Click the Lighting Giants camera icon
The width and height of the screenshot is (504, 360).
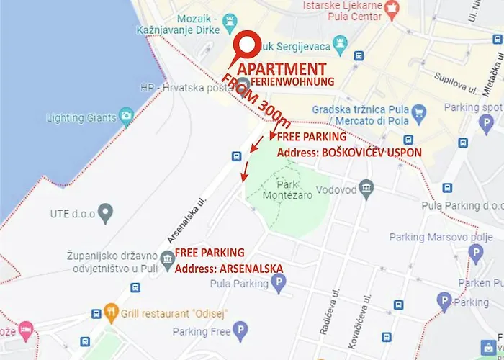(127, 114)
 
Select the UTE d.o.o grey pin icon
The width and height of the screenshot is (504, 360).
(107, 212)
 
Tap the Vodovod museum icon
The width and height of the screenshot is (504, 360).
(367, 189)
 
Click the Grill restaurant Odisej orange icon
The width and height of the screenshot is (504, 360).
(111, 313)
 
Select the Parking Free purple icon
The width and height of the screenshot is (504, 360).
(242, 331)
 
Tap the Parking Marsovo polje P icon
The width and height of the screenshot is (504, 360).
(475, 252)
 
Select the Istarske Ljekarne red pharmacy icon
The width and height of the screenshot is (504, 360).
(392, 9)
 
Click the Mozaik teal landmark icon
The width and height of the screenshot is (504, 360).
(230, 20)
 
